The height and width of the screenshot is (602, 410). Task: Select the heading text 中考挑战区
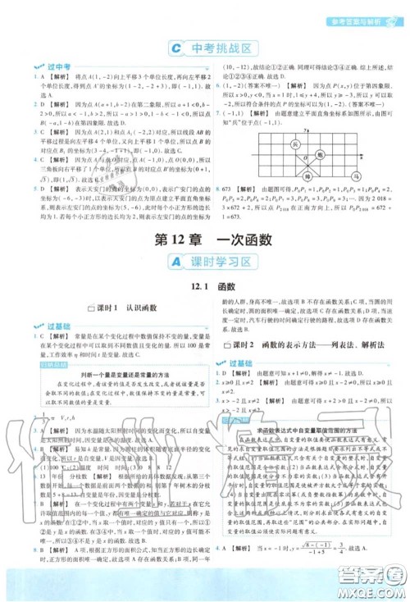click(214, 48)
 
